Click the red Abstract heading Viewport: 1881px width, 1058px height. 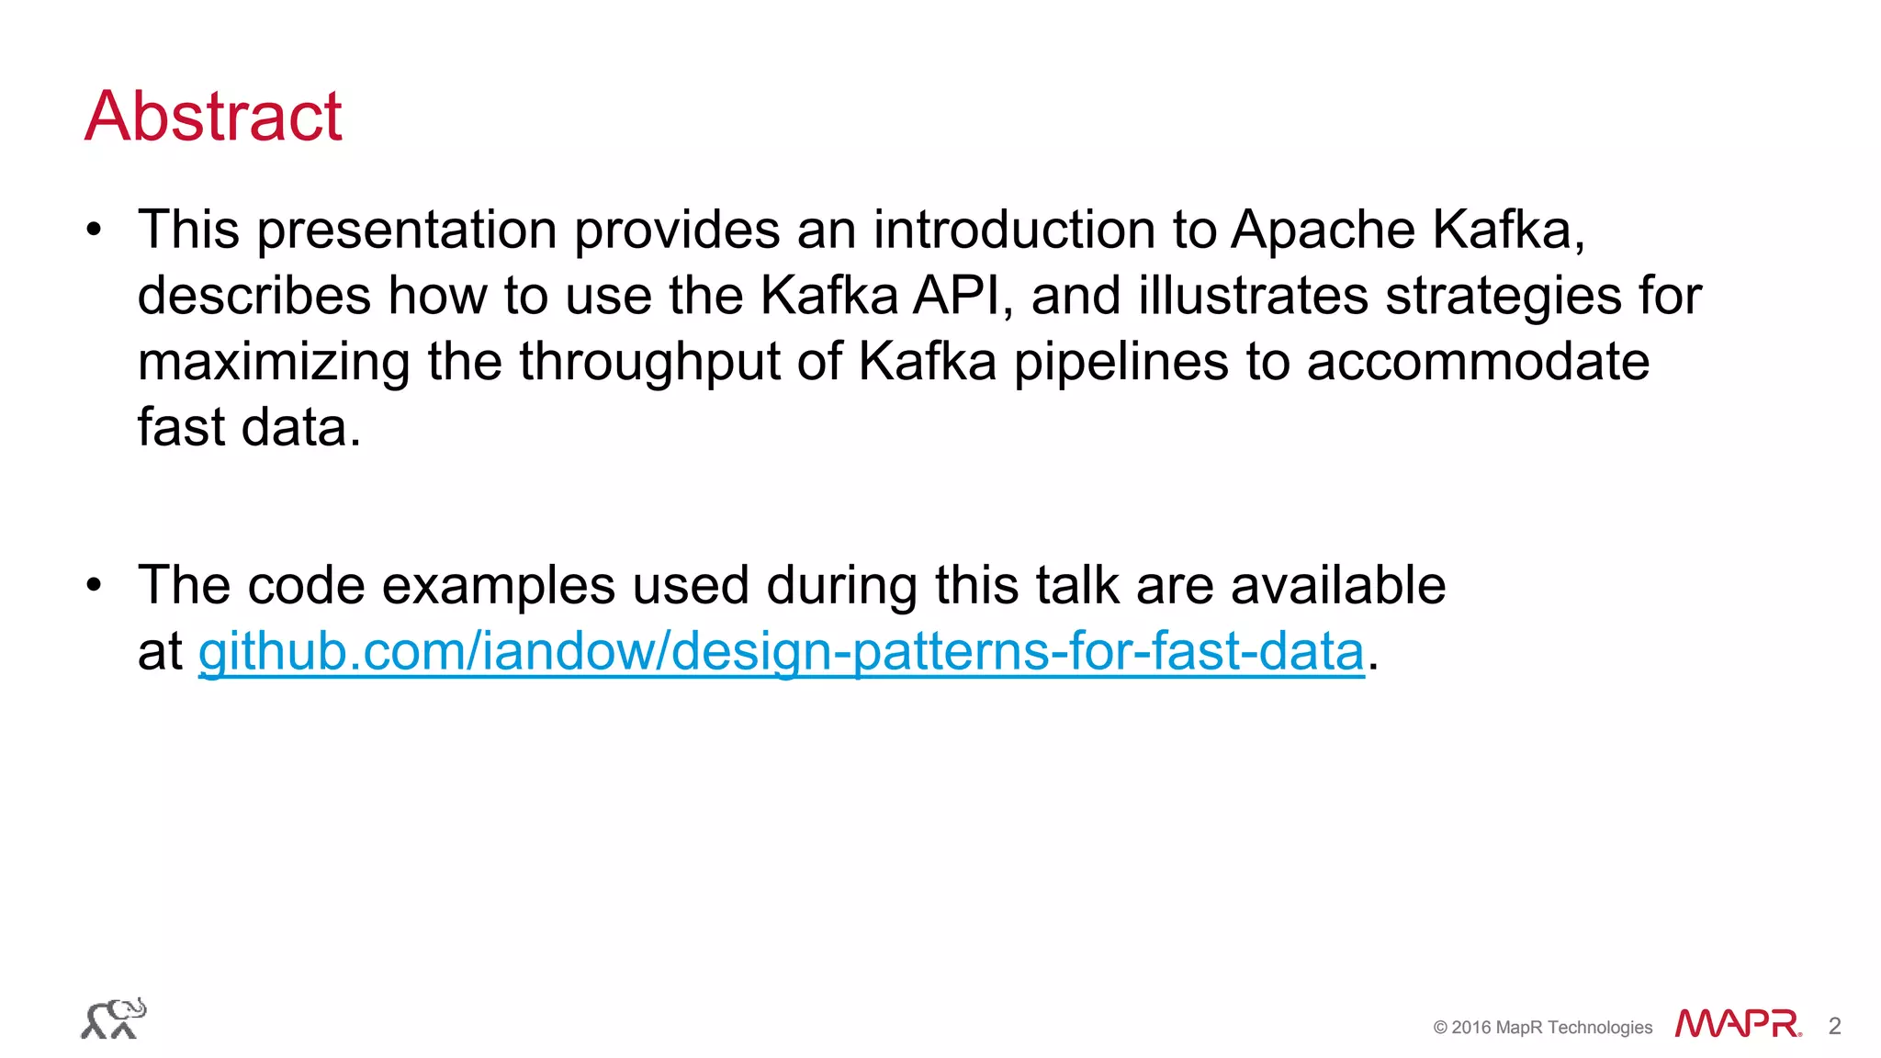point(213,117)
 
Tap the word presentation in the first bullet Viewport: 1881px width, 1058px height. point(407,230)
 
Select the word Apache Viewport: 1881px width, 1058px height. point(1323,230)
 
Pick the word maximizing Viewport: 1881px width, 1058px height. point(274,362)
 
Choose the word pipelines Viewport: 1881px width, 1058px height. point(1121,362)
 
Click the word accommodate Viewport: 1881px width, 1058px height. point(1478,362)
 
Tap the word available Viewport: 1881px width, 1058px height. point(1338,585)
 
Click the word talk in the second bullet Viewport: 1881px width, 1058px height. point(1078,585)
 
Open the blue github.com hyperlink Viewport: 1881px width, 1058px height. point(782,652)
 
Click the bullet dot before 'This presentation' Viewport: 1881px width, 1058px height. point(94,230)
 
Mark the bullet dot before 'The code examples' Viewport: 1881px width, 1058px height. point(94,585)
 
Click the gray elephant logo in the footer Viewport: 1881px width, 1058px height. point(113,1019)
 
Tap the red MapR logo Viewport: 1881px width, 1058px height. point(1738,1024)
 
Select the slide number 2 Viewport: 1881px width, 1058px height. point(1834,1026)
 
